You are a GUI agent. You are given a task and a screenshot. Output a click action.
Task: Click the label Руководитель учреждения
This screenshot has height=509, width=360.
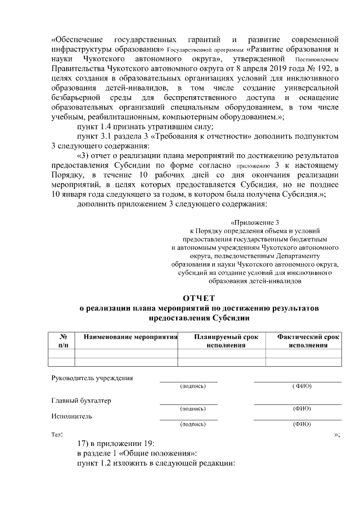tap(92, 377)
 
